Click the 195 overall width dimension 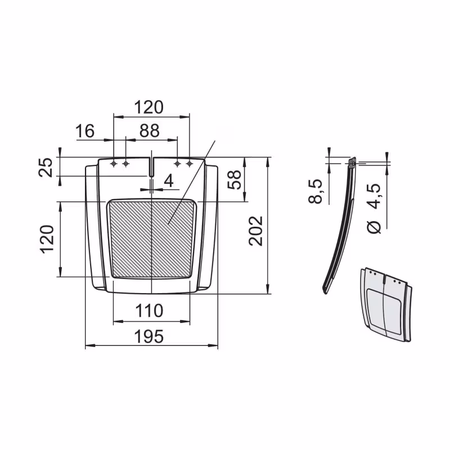149,336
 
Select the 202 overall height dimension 256,230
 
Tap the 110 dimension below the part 149,310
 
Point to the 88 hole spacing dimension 149,130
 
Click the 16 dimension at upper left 85,131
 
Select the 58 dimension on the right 236,179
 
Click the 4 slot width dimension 168,181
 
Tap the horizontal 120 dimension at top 149,107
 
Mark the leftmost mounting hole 114,164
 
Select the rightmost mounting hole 190,164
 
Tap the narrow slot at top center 152,166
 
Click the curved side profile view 341,225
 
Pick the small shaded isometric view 385,304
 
